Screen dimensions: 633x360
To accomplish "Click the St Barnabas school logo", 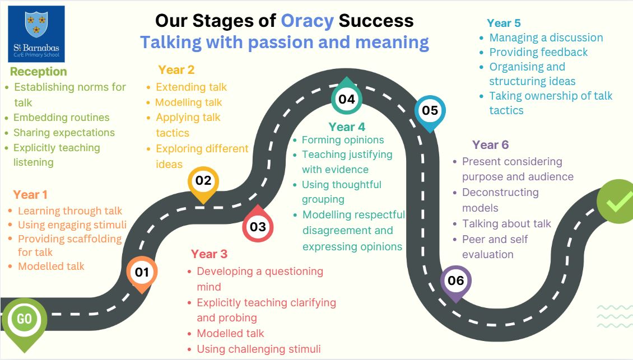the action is click(36, 34).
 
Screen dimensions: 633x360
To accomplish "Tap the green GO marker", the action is click(24, 323).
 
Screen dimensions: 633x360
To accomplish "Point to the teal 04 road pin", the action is click(346, 96).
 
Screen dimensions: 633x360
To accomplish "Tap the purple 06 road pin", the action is click(455, 283).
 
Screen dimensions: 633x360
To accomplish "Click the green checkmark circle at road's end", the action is click(615, 201).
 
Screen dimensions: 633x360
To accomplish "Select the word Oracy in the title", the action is click(307, 21).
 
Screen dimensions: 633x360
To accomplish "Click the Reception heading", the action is click(38, 72).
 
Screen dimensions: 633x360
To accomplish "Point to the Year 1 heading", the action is click(30, 194).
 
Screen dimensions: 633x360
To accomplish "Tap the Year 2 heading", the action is click(176, 70).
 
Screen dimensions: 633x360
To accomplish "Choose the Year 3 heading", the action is click(209, 254).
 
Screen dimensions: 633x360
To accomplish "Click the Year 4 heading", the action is click(347, 127).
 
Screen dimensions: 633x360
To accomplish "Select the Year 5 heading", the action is click(504, 23).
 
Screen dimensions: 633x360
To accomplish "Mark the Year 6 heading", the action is click(491, 144).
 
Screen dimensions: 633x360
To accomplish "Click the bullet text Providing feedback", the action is click(538, 52).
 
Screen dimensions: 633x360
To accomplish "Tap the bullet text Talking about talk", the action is click(506, 223).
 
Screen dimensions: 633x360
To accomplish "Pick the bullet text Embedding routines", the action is click(62, 118).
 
